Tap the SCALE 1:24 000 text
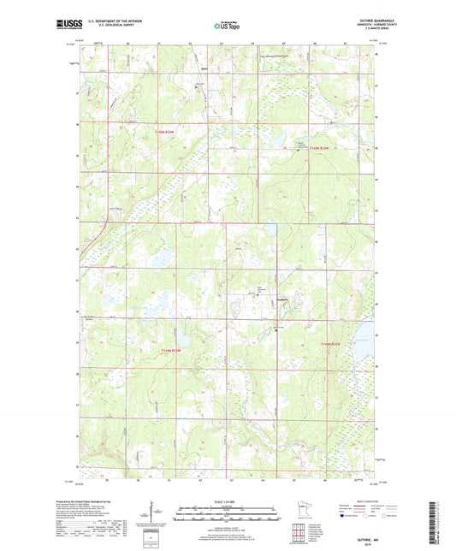click(228, 501)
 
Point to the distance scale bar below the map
click(228, 516)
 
